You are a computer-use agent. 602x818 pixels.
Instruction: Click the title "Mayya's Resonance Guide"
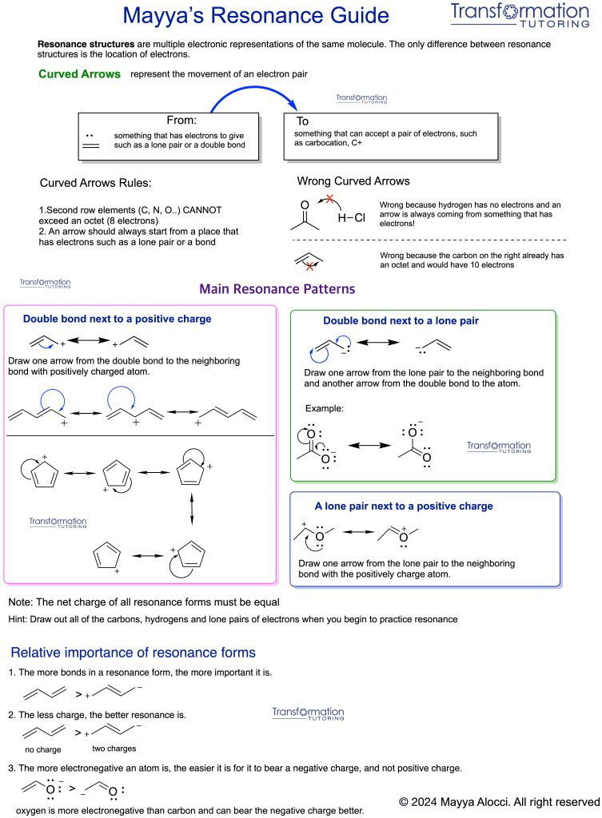click(x=256, y=16)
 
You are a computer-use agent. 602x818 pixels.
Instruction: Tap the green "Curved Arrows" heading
click(x=79, y=74)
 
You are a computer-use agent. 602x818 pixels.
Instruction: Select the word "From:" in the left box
click(x=181, y=120)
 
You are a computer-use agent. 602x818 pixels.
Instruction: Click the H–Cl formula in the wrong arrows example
click(x=352, y=217)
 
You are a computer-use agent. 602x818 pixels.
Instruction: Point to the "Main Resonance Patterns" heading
click(x=277, y=289)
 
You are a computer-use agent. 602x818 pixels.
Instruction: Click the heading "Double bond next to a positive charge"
click(x=117, y=319)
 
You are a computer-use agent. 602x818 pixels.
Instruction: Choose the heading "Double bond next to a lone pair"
click(x=401, y=321)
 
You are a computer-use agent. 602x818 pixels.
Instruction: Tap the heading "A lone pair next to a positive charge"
click(x=404, y=506)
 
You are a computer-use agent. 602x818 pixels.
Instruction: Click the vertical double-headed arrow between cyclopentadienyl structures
click(x=192, y=509)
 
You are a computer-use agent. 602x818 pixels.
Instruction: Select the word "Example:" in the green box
click(x=325, y=408)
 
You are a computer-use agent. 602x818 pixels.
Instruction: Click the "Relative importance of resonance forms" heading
click(x=134, y=653)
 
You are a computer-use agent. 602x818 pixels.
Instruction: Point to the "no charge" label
click(x=43, y=749)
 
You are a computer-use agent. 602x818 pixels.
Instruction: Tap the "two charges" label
click(x=114, y=749)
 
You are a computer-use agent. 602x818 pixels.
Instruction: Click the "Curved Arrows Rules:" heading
click(x=96, y=183)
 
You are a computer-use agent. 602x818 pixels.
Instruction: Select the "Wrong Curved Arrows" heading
click(x=353, y=181)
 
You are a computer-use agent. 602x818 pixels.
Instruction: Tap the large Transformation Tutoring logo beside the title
click(x=520, y=14)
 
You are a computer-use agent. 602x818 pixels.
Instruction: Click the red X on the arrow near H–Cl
click(x=329, y=199)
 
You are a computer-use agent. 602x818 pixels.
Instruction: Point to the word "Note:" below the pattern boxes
click(x=21, y=602)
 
